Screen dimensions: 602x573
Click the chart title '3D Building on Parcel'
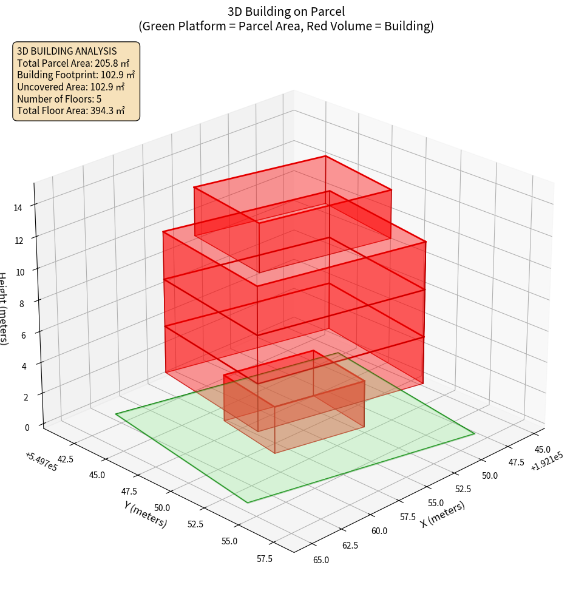[x=286, y=12]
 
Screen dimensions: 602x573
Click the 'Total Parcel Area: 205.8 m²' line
[x=73, y=63]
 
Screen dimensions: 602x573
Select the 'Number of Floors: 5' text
[x=59, y=99]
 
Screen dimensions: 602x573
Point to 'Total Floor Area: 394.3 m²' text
[x=71, y=110]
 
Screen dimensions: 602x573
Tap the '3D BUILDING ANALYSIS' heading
[x=67, y=52]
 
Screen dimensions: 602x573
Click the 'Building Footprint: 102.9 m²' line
[x=76, y=75]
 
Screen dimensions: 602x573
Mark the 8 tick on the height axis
[x=22, y=303]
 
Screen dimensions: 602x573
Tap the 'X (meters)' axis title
[x=442, y=514]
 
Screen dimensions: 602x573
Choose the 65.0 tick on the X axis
[x=320, y=560]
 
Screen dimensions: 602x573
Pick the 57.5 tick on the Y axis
[x=265, y=558]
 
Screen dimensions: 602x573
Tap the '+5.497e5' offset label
[x=42, y=461]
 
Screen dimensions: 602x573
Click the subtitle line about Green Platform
[x=286, y=26]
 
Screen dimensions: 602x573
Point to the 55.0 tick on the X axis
[x=436, y=503]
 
